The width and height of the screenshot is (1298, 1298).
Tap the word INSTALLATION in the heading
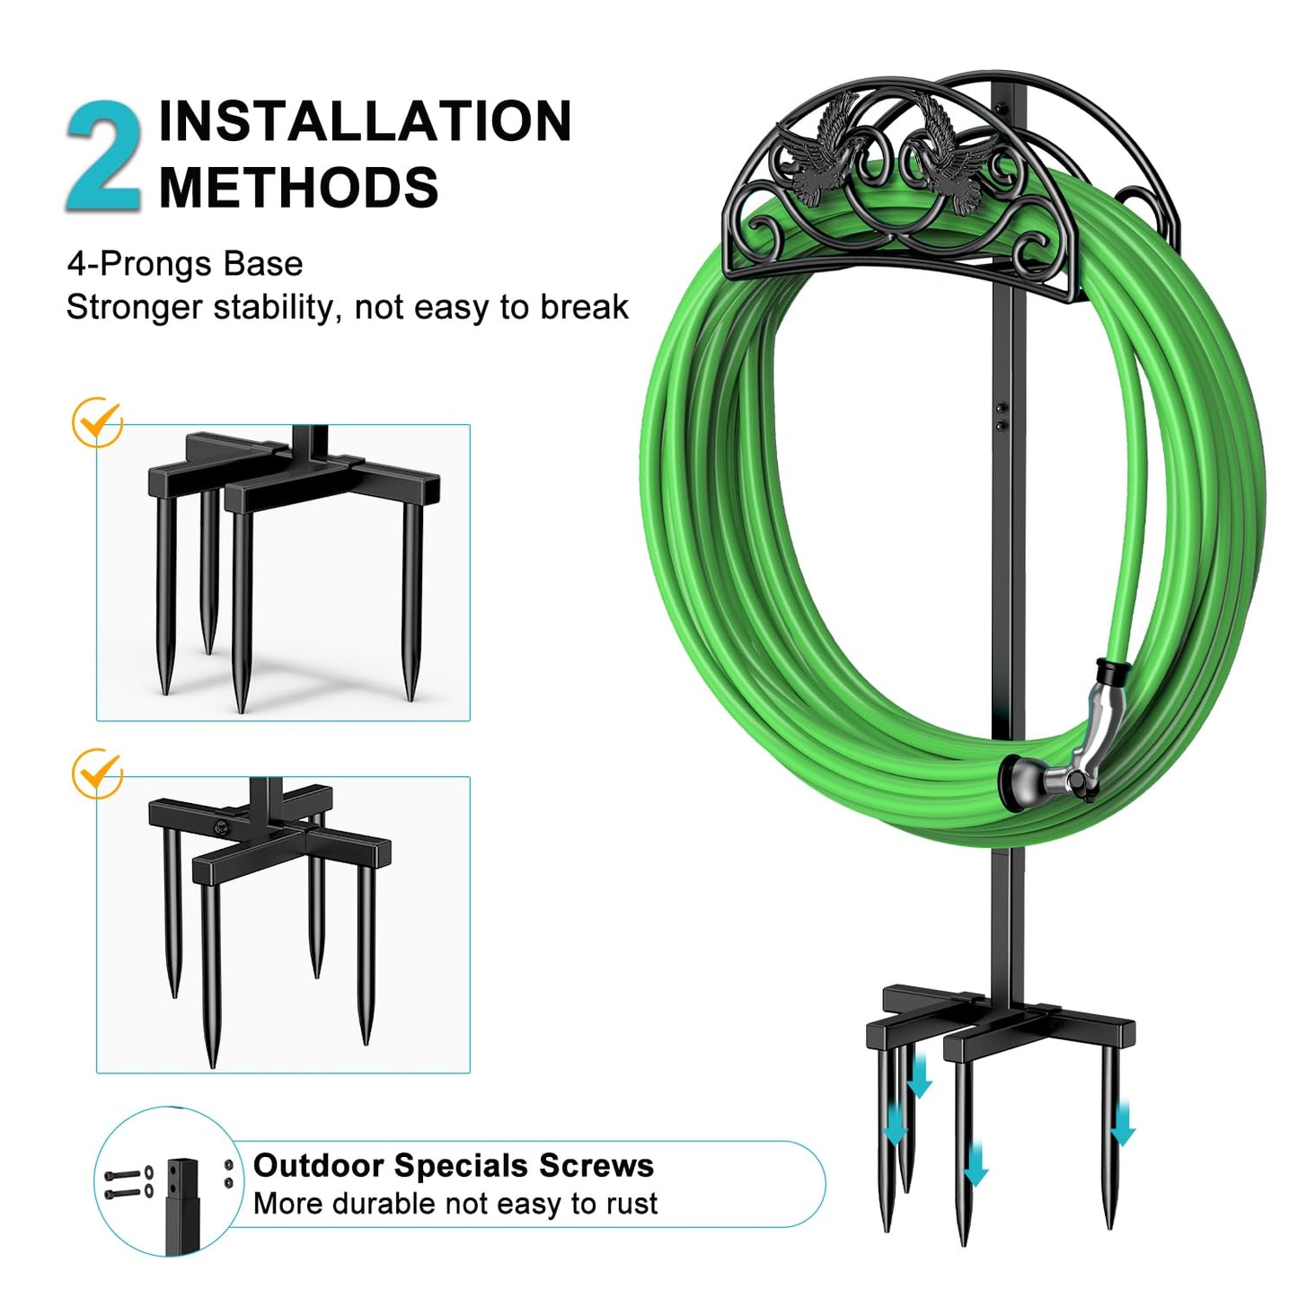[x=365, y=121]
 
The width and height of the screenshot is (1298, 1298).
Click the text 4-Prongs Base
[x=184, y=264]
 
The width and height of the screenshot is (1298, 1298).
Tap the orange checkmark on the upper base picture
[x=97, y=421]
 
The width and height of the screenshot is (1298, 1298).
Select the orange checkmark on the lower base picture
[x=97, y=773]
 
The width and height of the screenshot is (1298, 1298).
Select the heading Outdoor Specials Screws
[x=453, y=1165]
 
